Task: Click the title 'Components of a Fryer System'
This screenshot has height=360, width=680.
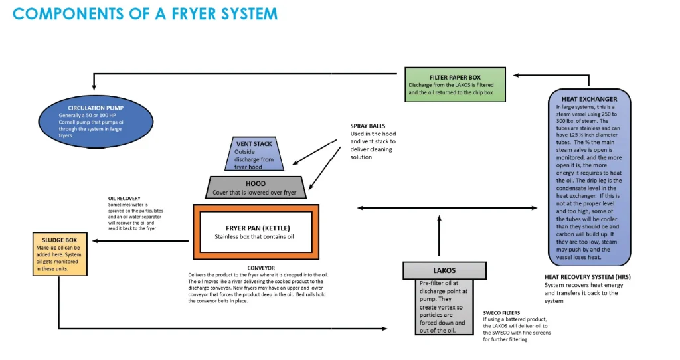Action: tap(145, 14)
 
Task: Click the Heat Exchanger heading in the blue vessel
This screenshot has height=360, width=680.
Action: tap(580, 99)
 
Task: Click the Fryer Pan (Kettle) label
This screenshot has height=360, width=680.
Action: tap(255, 227)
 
